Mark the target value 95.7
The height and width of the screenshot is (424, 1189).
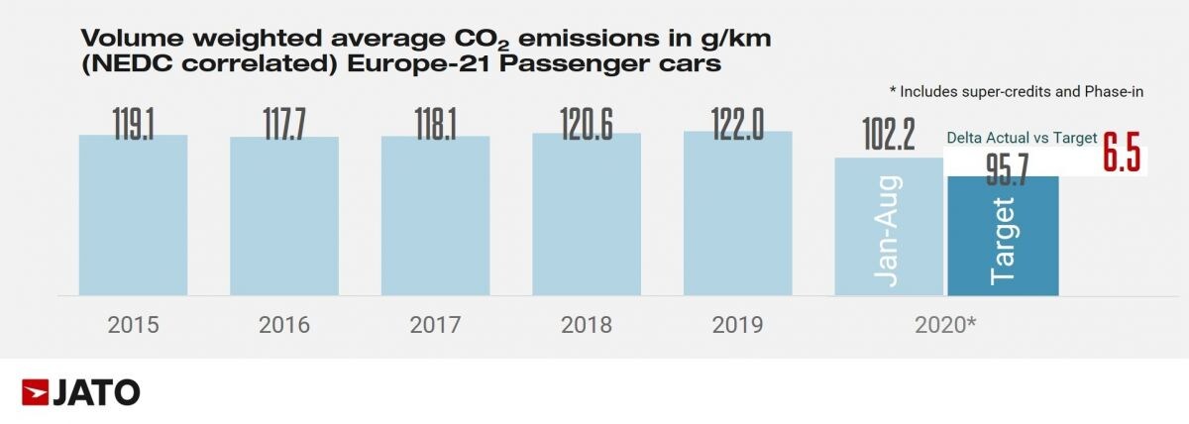tap(1003, 168)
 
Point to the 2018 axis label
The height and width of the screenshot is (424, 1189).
tap(587, 325)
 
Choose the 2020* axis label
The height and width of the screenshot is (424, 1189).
tap(945, 325)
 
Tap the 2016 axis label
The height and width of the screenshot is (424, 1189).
tap(284, 325)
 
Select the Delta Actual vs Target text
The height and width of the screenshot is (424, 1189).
tap(1022, 139)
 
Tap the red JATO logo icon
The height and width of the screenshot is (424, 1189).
tap(35, 392)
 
